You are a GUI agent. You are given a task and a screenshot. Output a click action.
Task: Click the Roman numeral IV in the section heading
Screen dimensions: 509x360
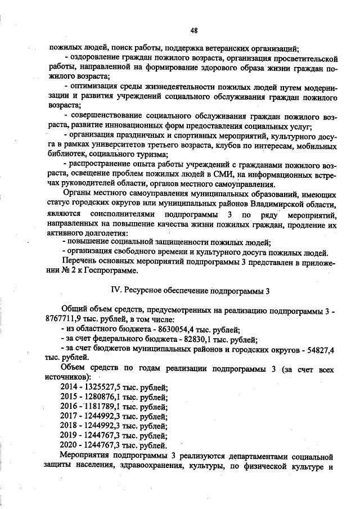tap(111, 291)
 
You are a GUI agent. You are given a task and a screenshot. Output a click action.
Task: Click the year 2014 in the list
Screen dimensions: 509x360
tap(69, 388)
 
